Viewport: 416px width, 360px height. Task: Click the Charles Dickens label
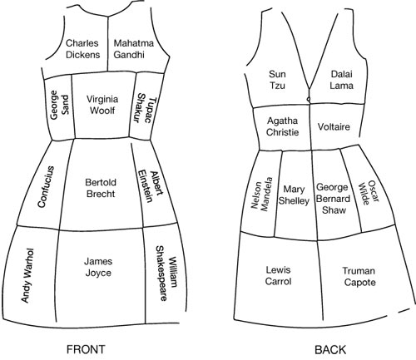(x=82, y=49)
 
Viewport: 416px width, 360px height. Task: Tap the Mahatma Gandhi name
(x=133, y=49)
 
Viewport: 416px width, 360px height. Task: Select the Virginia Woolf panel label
(x=102, y=105)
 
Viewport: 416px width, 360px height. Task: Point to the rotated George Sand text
(x=59, y=106)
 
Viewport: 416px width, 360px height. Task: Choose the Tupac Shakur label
(x=145, y=109)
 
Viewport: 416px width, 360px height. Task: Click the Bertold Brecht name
(x=101, y=188)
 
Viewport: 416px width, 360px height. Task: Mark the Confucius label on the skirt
(x=46, y=187)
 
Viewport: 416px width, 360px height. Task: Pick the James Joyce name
(x=98, y=267)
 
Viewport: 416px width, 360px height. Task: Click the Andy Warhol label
(x=27, y=275)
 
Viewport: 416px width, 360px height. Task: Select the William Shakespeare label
(x=166, y=274)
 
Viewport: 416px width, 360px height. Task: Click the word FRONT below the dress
(x=86, y=349)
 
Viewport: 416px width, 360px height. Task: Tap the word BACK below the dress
(x=330, y=350)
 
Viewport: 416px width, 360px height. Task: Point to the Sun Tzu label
(x=277, y=80)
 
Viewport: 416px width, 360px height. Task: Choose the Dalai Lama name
(x=341, y=80)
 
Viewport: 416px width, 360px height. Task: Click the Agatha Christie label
(x=282, y=126)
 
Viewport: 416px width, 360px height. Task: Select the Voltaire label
(x=334, y=127)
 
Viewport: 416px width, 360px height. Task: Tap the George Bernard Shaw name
(x=333, y=199)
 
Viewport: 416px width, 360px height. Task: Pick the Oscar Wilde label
(x=369, y=193)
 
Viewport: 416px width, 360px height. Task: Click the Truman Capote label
(x=359, y=277)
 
